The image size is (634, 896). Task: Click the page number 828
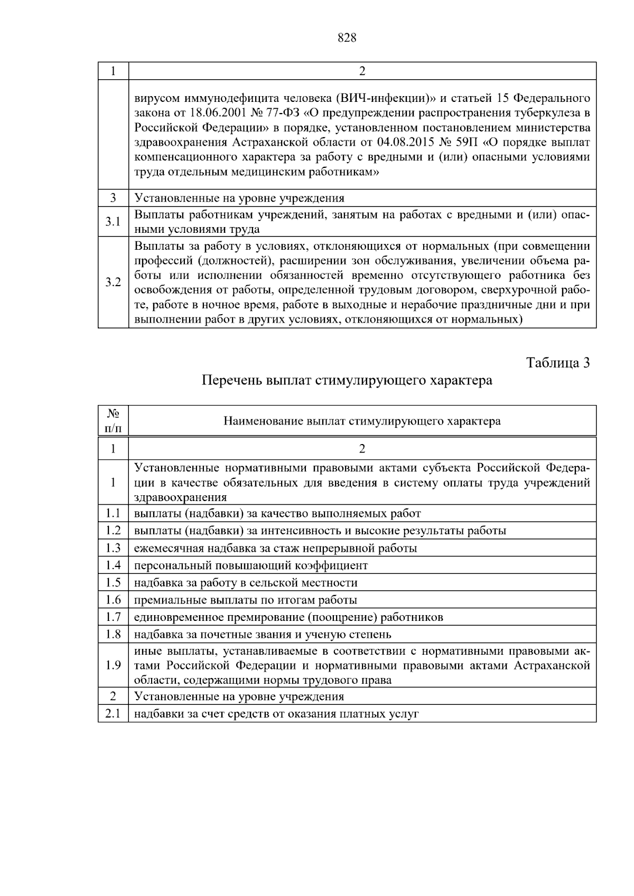(x=347, y=38)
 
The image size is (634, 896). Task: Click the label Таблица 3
(x=558, y=363)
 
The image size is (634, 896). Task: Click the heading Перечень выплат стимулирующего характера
(x=347, y=380)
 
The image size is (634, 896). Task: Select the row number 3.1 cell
(x=113, y=222)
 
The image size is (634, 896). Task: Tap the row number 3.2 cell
(x=113, y=282)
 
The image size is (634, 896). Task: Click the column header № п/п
(x=113, y=421)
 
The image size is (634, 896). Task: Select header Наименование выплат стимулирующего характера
(x=362, y=421)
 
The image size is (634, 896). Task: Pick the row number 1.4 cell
(x=113, y=565)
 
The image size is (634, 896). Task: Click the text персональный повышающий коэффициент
(x=251, y=565)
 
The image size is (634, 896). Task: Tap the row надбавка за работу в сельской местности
(x=246, y=583)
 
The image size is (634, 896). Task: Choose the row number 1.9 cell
(x=113, y=665)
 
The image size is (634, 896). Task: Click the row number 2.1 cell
(x=113, y=714)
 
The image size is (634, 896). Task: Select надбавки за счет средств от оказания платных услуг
(x=276, y=714)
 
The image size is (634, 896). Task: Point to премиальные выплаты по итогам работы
(x=246, y=600)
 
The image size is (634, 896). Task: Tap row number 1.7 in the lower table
(x=113, y=617)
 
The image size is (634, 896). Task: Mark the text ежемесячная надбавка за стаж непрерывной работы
(x=275, y=548)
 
